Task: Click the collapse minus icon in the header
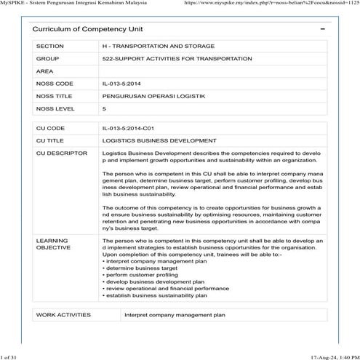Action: pos(322,28)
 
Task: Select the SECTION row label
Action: pos(50,46)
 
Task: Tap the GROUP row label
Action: pos(47,58)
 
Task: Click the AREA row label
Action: pos(45,71)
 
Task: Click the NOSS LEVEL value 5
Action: pos(105,108)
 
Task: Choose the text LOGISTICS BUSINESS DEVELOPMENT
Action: pos(159,140)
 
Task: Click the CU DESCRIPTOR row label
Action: pos(61,153)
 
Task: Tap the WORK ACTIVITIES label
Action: pos(63,315)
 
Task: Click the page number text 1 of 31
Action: pos(12,356)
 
